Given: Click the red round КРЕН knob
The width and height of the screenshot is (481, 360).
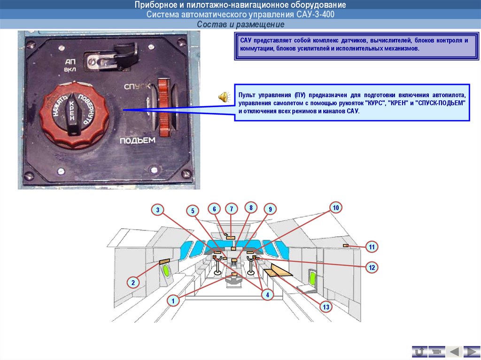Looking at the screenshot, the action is pos(74,114).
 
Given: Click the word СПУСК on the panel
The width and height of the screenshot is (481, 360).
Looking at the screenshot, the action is pos(137,87).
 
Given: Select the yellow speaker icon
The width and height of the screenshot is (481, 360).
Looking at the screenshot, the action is pos(223,97).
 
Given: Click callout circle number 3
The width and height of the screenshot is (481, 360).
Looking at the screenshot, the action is pos(158,210).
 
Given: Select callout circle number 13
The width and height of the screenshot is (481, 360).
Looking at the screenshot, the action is pos(326,307).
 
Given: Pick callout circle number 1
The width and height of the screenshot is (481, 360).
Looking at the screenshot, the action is pos(173,301).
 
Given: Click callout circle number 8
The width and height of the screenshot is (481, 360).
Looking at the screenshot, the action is pos(251,207).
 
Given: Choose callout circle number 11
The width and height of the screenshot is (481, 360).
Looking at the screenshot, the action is pos(372,247).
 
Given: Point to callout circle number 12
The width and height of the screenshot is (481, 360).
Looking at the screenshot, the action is pos(372,268).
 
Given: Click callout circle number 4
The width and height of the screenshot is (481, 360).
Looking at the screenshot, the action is pos(267,295).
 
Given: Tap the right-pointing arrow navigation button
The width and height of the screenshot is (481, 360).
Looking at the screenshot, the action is pos(471,351).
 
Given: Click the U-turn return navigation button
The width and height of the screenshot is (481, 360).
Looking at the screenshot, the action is pos(419,351).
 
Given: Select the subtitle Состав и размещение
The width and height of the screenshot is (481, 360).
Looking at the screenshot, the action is pos(240,24).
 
